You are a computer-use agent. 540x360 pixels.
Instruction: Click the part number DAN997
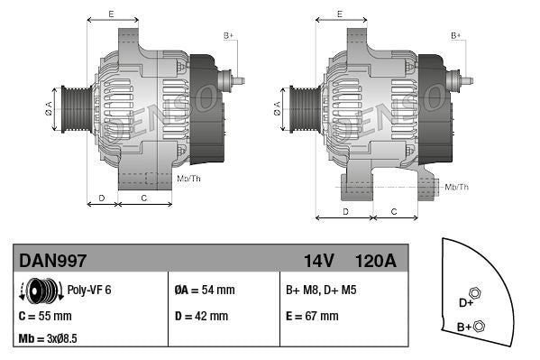coord(52,261)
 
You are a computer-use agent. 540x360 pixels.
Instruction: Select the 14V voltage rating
coord(318,261)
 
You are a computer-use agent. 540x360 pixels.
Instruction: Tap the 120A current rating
coord(376,261)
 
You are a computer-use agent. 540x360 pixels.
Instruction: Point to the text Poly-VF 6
coord(88,291)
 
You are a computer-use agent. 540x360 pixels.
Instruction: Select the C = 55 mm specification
coord(45,317)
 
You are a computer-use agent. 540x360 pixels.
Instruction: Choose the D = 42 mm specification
coord(201,317)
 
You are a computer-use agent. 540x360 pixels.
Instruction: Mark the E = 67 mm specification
coord(312,317)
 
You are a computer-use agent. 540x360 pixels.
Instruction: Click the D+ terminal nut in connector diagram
coord(476,294)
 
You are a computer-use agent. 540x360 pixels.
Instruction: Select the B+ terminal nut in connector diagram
coord(480,326)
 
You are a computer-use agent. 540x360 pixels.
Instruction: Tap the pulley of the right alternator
coord(302,108)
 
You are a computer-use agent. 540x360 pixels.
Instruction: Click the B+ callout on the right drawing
coord(456,34)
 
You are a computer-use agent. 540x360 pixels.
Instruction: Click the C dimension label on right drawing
coord(393,210)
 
